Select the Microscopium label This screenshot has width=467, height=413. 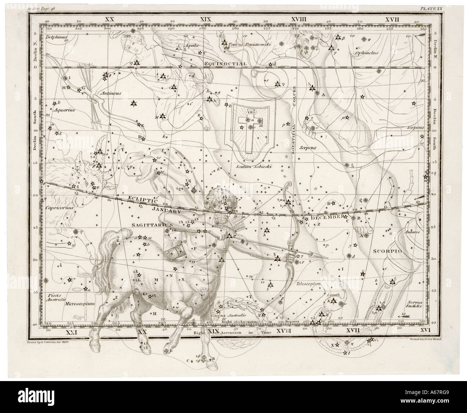click(x=80, y=303)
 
